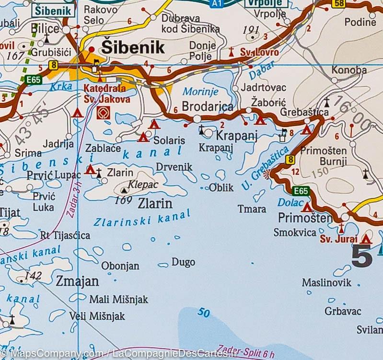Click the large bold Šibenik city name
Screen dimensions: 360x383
click(132, 47)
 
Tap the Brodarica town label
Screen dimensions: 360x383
click(207, 106)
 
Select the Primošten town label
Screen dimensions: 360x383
click(305, 219)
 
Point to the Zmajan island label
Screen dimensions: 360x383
click(77, 281)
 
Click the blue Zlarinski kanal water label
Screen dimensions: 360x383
click(142, 219)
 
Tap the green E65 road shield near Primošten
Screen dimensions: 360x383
click(301, 191)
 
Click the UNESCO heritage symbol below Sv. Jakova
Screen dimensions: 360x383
click(102, 113)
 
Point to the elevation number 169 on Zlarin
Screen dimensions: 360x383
click(123, 200)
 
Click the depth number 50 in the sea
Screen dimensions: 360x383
click(203, 313)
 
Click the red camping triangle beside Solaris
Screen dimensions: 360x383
click(143, 138)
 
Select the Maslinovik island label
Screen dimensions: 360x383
click(326, 282)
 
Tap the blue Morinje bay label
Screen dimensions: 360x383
click(200, 92)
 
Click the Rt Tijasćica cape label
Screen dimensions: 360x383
click(65, 235)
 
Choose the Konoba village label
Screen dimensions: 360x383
click(349, 70)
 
